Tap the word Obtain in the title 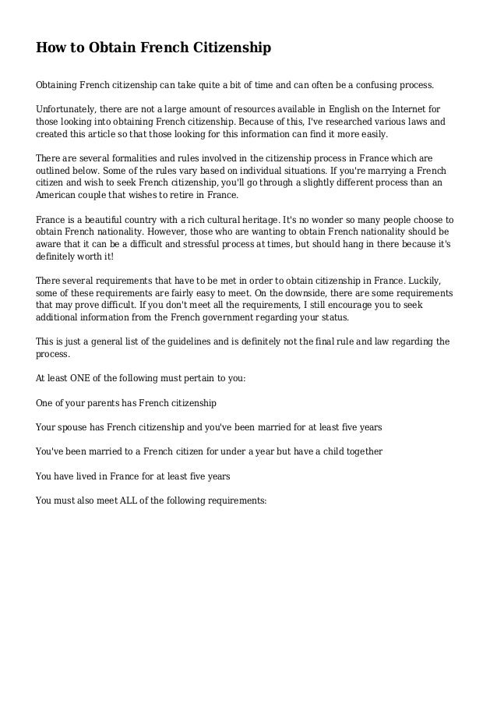click(x=108, y=49)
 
